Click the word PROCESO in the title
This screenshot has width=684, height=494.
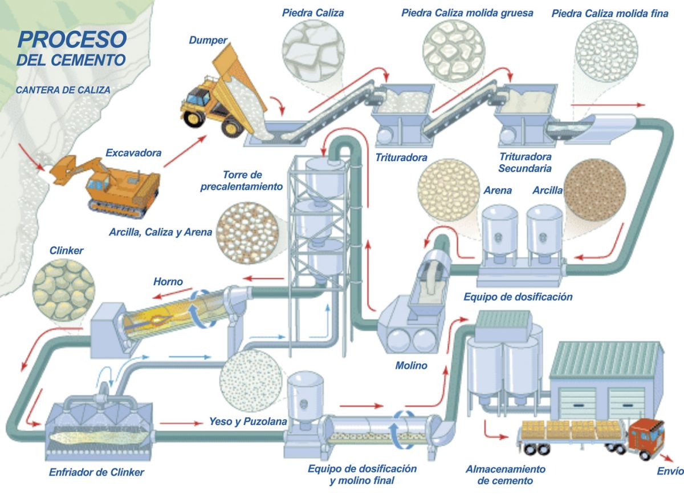coord(71,39)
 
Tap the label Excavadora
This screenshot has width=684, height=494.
coord(133,153)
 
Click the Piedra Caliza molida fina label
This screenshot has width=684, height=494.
coord(609,13)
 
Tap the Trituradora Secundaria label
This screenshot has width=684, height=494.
coord(524,163)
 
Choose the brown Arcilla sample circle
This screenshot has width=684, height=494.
coord(598,190)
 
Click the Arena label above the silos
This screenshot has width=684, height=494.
coord(498,190)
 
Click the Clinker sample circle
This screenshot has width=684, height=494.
coord(63,289)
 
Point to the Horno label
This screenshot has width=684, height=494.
coord(168,282)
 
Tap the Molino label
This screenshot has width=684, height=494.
coord(411,366)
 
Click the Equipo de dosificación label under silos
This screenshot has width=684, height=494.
coord(518,297)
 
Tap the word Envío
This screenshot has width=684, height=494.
coord(669,471)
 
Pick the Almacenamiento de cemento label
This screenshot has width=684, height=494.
coord(505,475)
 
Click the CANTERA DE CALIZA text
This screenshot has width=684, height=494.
coord(63,90)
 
